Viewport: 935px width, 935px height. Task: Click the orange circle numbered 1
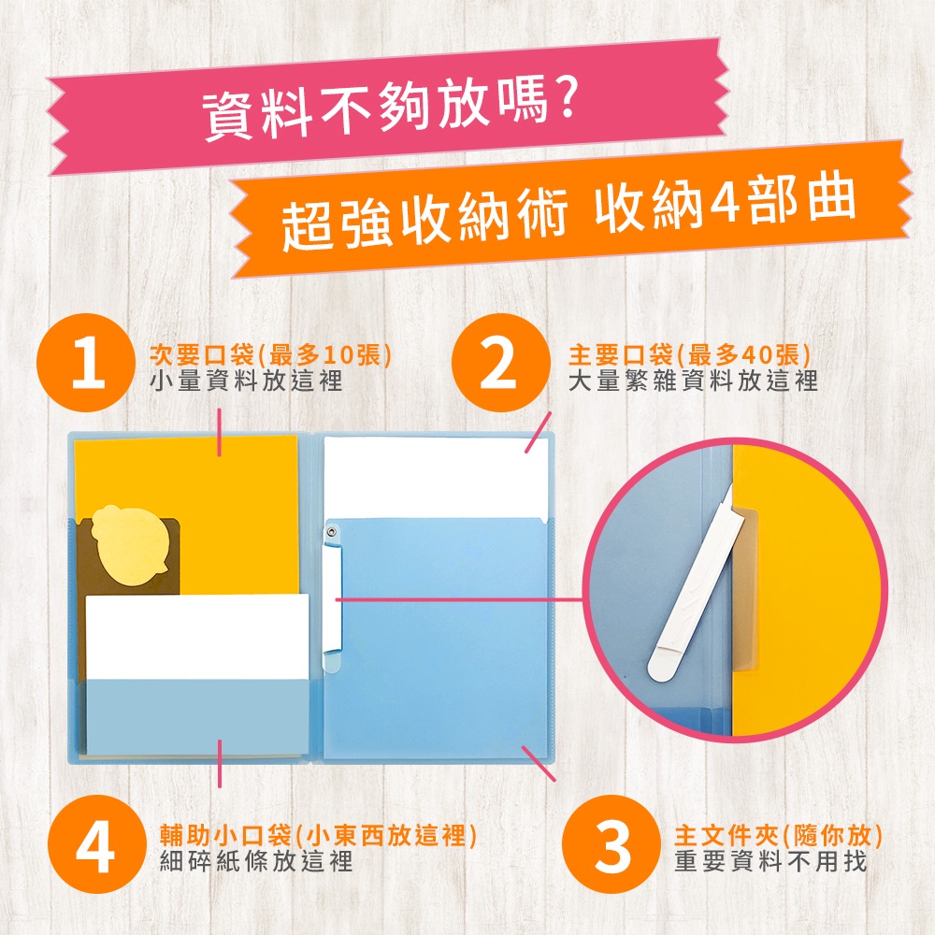[86, 363]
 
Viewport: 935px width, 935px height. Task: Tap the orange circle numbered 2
[500, 363]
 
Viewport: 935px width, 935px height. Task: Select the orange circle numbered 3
[611, 843]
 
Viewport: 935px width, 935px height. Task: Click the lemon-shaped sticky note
[126, 546]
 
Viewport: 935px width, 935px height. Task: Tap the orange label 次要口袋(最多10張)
[270, 355]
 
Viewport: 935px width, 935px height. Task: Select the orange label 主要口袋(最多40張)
[689, 355]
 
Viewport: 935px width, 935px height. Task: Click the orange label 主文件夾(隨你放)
[778, 836]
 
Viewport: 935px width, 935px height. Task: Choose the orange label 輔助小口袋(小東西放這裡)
[319, 835]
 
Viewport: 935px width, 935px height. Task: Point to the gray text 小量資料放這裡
[246, 381]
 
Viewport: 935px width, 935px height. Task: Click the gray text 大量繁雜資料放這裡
[693, 381]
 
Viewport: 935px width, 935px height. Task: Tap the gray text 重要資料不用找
[770, 861]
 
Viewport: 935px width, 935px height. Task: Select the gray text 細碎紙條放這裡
[256, 861]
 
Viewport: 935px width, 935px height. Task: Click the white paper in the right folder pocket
[436, 478]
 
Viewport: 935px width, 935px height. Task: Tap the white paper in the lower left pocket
[197, 637]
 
